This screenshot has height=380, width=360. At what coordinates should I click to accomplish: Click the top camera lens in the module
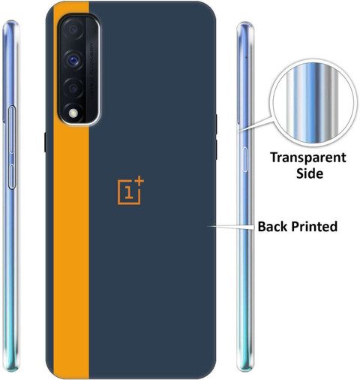pos(73,30)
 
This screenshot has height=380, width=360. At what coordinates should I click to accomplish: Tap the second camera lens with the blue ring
pos(73,60)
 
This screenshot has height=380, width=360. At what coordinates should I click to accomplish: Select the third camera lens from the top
pos(73,88)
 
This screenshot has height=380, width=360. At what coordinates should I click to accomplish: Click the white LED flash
pos(73,113)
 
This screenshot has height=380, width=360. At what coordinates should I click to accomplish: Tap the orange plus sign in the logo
pos(139,181)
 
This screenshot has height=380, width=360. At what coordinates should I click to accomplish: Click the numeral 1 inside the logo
pos(128,192)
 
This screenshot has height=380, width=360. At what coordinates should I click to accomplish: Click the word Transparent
pos(308,158)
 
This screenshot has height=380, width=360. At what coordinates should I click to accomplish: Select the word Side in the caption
pos(310,173)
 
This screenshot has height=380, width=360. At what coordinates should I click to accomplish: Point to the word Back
pos(273,226)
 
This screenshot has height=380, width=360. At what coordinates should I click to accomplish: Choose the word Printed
pos(314,226)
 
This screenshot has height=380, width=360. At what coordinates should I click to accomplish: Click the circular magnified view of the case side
pos(313,103)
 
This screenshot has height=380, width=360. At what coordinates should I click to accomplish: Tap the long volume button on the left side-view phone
pos(12,129)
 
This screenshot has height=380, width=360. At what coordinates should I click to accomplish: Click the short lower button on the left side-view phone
pos(11,176)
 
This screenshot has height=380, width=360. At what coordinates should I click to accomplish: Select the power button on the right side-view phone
pos(245,159)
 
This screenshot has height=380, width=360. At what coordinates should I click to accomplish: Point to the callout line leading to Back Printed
pos(230,227)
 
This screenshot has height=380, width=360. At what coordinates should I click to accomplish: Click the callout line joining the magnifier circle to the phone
pos(254,124)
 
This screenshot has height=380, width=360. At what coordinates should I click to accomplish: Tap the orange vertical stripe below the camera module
pos(71,249)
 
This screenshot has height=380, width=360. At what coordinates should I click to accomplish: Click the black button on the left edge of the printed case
pos(45,142)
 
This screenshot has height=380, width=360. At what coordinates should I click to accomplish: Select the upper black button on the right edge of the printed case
pos(216,124)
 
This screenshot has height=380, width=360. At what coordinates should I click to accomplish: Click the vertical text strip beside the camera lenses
pos(91,72)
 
